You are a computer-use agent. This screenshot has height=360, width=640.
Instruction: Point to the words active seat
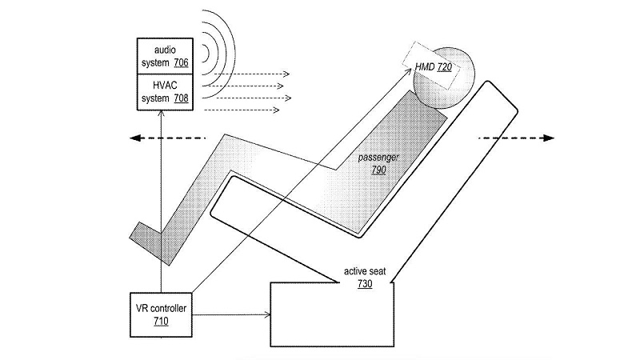[x=365, y=272]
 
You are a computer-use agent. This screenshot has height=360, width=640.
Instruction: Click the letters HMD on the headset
[x=423, y=68]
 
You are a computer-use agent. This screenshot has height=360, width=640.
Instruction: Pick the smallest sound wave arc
[x=206, y=53]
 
